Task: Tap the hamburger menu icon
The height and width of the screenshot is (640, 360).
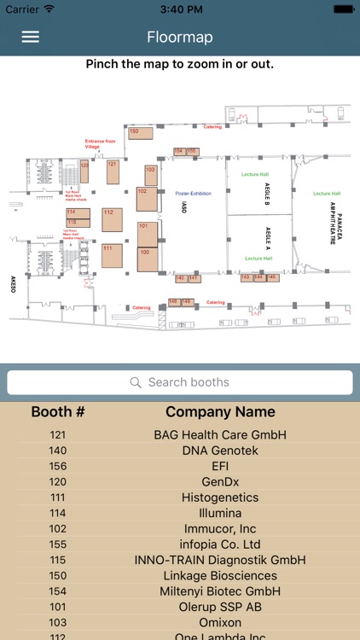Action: pos(31,37)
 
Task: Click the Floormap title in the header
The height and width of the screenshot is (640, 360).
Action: pos(179,37)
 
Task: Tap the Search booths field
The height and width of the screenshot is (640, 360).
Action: pos(180,382)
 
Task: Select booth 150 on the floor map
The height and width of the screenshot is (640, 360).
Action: pos(140,132)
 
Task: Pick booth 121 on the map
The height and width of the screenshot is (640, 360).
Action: pos(113,171)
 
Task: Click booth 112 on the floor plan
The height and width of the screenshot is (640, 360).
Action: pos(112,218)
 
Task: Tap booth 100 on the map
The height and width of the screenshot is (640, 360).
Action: pos(147,259)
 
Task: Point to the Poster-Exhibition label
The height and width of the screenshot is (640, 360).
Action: pos(194,194)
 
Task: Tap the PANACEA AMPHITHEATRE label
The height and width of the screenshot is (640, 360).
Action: pos(335,229)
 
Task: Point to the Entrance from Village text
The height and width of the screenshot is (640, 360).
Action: pos(99,143)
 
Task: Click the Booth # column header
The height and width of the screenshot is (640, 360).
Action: pos(58,412)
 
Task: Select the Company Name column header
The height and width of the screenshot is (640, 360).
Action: pos(220,412)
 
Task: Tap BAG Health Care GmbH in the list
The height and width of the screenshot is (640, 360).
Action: pos(220,435)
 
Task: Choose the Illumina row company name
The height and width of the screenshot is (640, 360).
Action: pos(220,514)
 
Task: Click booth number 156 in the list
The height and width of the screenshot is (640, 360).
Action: pos(58,467)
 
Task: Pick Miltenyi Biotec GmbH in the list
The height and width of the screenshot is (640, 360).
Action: pos(220,591)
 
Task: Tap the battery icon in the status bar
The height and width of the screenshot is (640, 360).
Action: pos(342,9)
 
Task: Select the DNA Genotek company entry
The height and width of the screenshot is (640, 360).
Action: pos(220,451)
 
